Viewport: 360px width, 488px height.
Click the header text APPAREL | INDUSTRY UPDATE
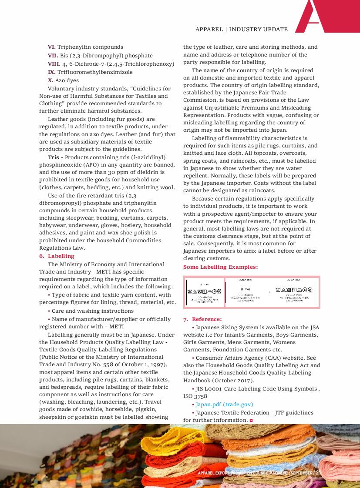tap(242, 30)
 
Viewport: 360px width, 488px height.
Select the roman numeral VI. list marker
tap(52, 47)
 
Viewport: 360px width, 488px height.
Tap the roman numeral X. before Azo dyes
tap(50, 80)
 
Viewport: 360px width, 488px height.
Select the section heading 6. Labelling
tap(57, 256)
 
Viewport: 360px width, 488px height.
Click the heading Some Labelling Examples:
tap(220, 267)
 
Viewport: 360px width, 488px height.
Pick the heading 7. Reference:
tap(202, 319)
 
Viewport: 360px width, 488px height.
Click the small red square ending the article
tap(251, 420)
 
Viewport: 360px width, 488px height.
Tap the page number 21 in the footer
tap(318, 473)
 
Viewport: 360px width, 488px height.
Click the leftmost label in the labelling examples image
tap(204, 292)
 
